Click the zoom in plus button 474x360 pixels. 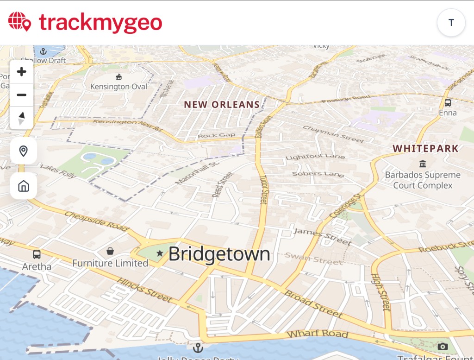[22, 72]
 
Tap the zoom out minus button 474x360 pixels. [22, 95]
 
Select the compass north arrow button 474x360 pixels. [22, 118]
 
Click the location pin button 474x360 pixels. [24, 151]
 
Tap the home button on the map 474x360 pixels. [24, 186]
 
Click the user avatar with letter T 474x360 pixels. [451, 23]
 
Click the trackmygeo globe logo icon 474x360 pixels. [20, 22]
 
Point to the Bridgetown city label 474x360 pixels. [219, 254]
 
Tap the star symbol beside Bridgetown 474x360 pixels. [160, 253]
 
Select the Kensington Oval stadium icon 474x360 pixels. [118, 77]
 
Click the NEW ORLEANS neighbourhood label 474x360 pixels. [222, 105]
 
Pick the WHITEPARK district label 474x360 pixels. [425, 149]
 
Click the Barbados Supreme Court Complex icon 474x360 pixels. [423, 164]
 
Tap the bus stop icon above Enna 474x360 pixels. [448, 103]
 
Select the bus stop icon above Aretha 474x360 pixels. [37, 254]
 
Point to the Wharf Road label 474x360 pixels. [317, 334]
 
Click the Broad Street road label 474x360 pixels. [314, 303]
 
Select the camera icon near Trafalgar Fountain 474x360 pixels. [443, 347]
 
